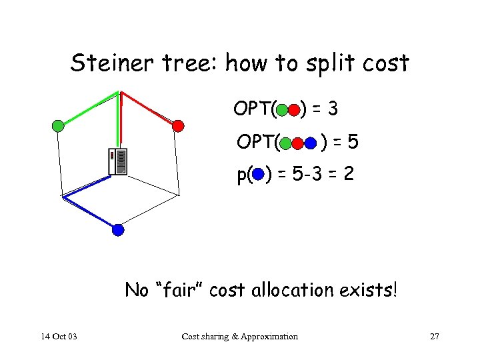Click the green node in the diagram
click(58, 125)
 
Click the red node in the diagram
click(177, 125)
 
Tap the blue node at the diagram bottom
click(118, 230)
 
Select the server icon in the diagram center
click(118, 161)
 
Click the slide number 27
click(435, 337)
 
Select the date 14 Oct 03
click(58, 337)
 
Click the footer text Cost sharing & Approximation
click(240, 337)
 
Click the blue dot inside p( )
click(259, 176)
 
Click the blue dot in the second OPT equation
click(311, 143)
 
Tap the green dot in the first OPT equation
click(283, 109)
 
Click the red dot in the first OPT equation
click(295, 109)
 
